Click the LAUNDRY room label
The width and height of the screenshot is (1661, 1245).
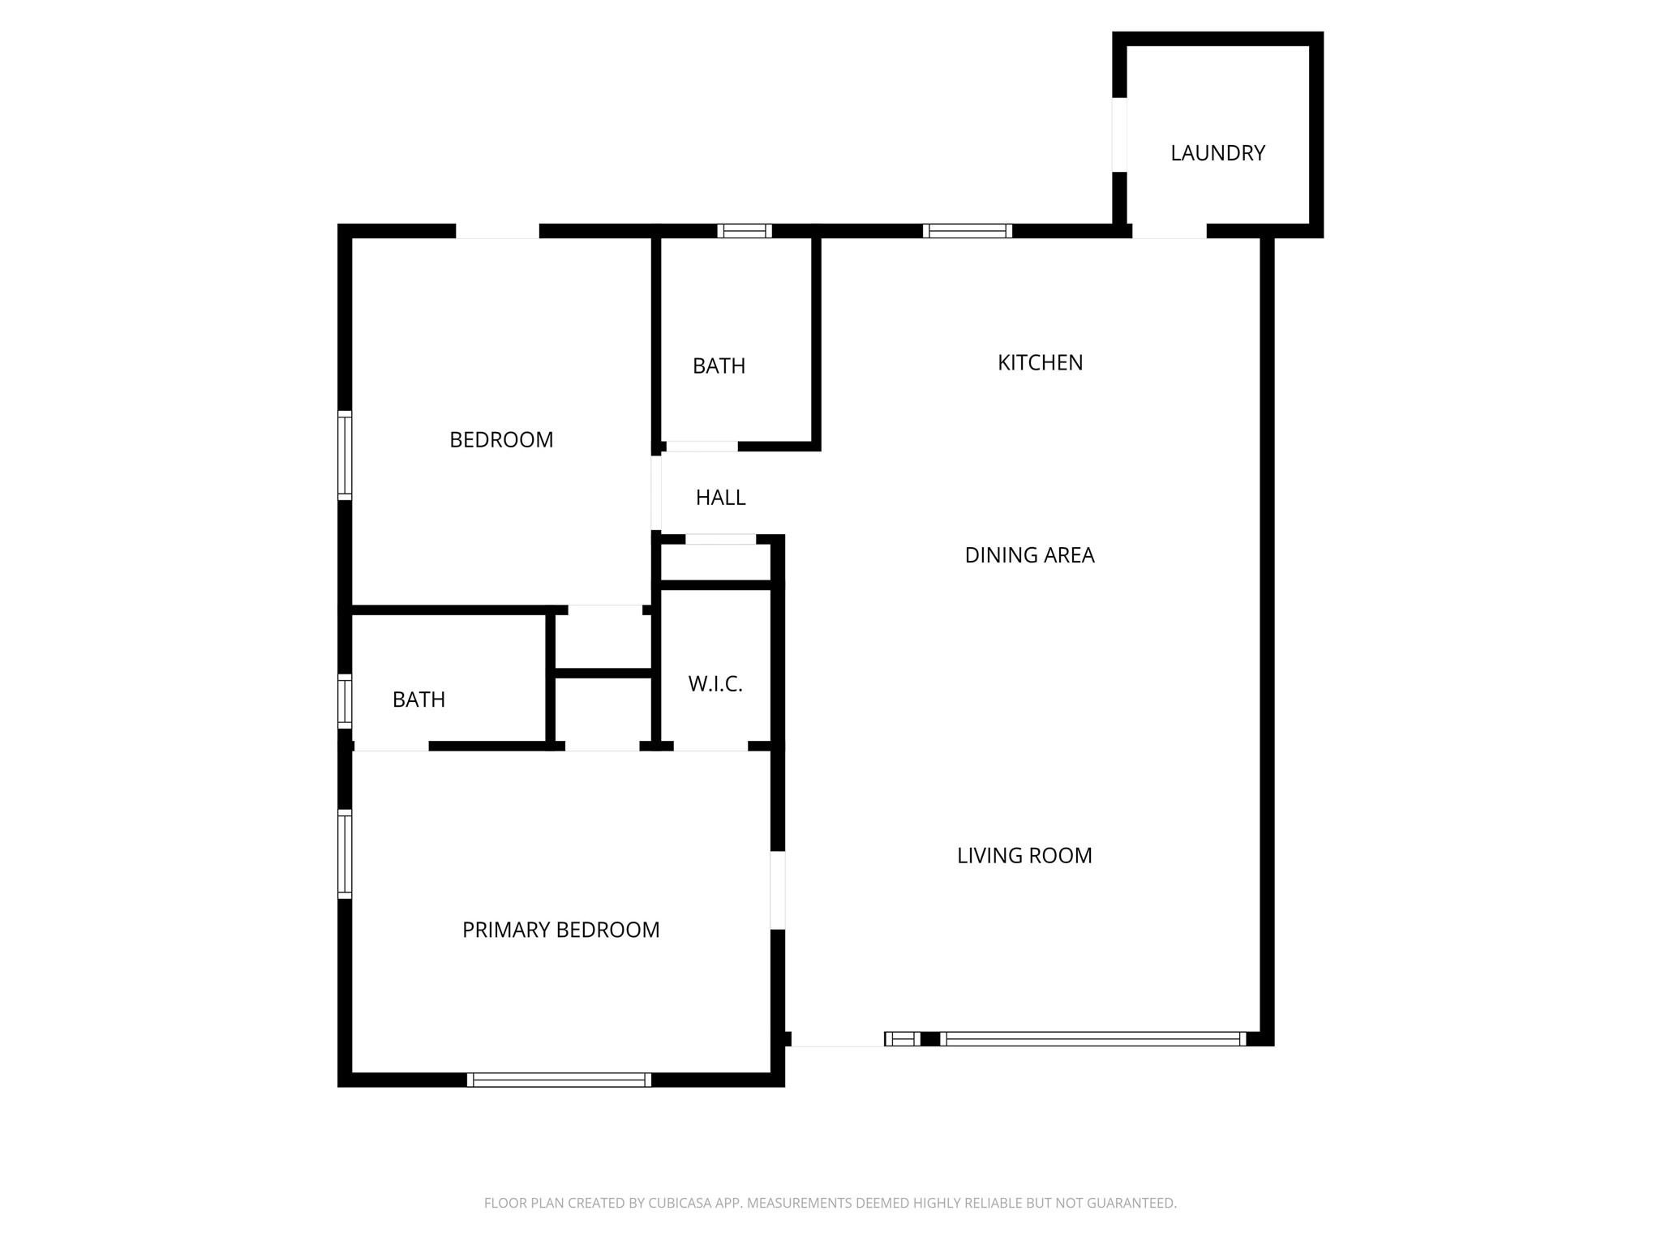click(1217, 153)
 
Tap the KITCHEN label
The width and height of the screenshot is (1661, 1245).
click(1040, 363)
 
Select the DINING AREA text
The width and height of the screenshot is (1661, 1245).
click(1029, 555)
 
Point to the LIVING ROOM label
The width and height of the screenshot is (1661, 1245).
click(1024, 856)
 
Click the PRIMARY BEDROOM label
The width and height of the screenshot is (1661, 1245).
click(560, 930)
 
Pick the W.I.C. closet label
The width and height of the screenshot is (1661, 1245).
click(715, 684)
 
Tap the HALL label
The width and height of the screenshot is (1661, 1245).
click(720, 498)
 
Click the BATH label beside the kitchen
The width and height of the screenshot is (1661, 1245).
click(719, 366)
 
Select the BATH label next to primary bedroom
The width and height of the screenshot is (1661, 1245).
click(418, 700)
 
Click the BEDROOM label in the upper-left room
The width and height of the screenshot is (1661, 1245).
click(501, 440)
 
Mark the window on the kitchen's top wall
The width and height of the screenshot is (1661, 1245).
click(968, 231)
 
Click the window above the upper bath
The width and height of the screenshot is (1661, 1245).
click(745, 231)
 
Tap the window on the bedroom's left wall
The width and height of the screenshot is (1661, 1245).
click(345, 454)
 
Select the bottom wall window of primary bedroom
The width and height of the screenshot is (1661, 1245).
click(559, 1080)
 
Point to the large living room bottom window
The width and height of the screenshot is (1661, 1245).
click(1092, 1039)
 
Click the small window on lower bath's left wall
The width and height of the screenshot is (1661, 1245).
click(345, 700)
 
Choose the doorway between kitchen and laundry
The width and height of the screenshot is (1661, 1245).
click(1169, 232)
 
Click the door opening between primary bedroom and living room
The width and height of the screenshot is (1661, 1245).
click(777, 890)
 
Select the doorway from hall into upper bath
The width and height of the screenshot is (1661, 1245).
click(702, 447)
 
